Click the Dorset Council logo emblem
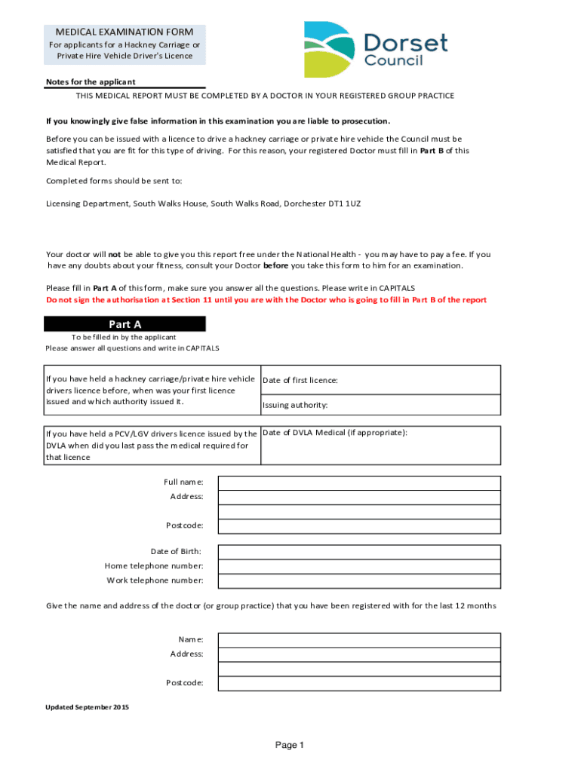pos(329,48)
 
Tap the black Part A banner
pos(124,324)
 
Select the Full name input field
pos(359,482)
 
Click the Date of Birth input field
pos(359,551)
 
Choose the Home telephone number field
pos(359,566)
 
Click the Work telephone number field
pos(359,581)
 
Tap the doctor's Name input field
pos(359,639)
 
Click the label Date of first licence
pos(300,381)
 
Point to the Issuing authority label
pos(295,406)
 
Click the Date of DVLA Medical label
pos(335,433)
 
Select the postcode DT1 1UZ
pos(345,204)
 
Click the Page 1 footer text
pos(289,746)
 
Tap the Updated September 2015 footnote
pos(88,707)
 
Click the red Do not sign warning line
pos(266,300)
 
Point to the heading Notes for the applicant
pos(91,82)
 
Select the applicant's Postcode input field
pos(359,525)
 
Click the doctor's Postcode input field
pos(359,683)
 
